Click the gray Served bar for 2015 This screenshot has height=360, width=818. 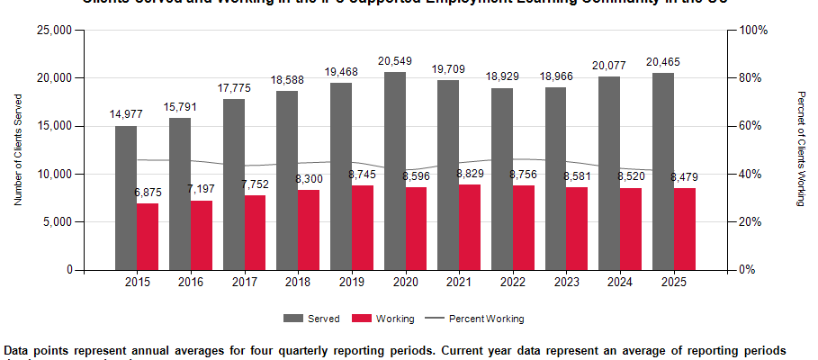pyautogui.click(x=126, y=198)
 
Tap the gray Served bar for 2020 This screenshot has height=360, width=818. pyautogui.click(x=395, y=171)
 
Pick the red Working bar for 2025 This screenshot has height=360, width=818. pyautogui.click(x=685, y=229)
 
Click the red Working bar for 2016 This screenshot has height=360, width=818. pyautogui.click(x=202, y=235)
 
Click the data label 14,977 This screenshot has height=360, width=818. pyautogui.click(x=126, y=114)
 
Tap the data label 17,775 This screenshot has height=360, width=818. pyautogui.click(x=234, y=87)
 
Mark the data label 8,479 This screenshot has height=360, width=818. pyautogui.click(x=685, y=177)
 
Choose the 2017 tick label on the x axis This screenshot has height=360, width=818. pyautogui.click(x=245, y=283)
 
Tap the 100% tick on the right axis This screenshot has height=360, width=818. pyautogui.click(x=753, y=31)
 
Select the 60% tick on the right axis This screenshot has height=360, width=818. pyautogui.click(x=751, y=126)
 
